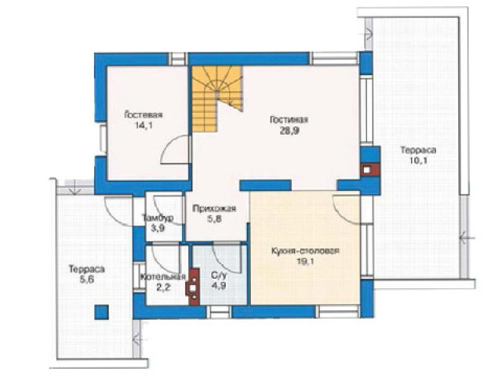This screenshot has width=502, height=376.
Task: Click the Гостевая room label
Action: (x=143, y=115)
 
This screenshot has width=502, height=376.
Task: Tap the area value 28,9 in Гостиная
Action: (x=289, y=131)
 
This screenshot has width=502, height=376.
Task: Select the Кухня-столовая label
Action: (x=305, y=251)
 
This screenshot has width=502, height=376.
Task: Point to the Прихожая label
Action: (x=214, y=209)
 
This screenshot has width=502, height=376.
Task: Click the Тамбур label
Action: (x=158, y=218)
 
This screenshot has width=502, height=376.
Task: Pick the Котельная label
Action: (x=163, y=277)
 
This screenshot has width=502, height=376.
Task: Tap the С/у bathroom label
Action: (x=219, y=275)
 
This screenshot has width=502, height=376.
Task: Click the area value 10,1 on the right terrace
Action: (x=418, y=161)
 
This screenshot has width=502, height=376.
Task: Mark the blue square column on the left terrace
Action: (x=101, y=312)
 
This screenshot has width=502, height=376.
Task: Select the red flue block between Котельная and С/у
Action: (x=193, y=285)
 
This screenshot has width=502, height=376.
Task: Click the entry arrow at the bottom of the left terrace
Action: (x=140, y=338)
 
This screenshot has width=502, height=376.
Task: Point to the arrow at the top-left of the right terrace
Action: (x=368, y=32)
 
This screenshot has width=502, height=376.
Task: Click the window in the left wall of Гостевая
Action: (x=103, y=139)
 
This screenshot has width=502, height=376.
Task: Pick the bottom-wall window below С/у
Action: (x=219, y=312)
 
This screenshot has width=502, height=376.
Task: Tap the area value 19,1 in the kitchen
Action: (x=305, y=262)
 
